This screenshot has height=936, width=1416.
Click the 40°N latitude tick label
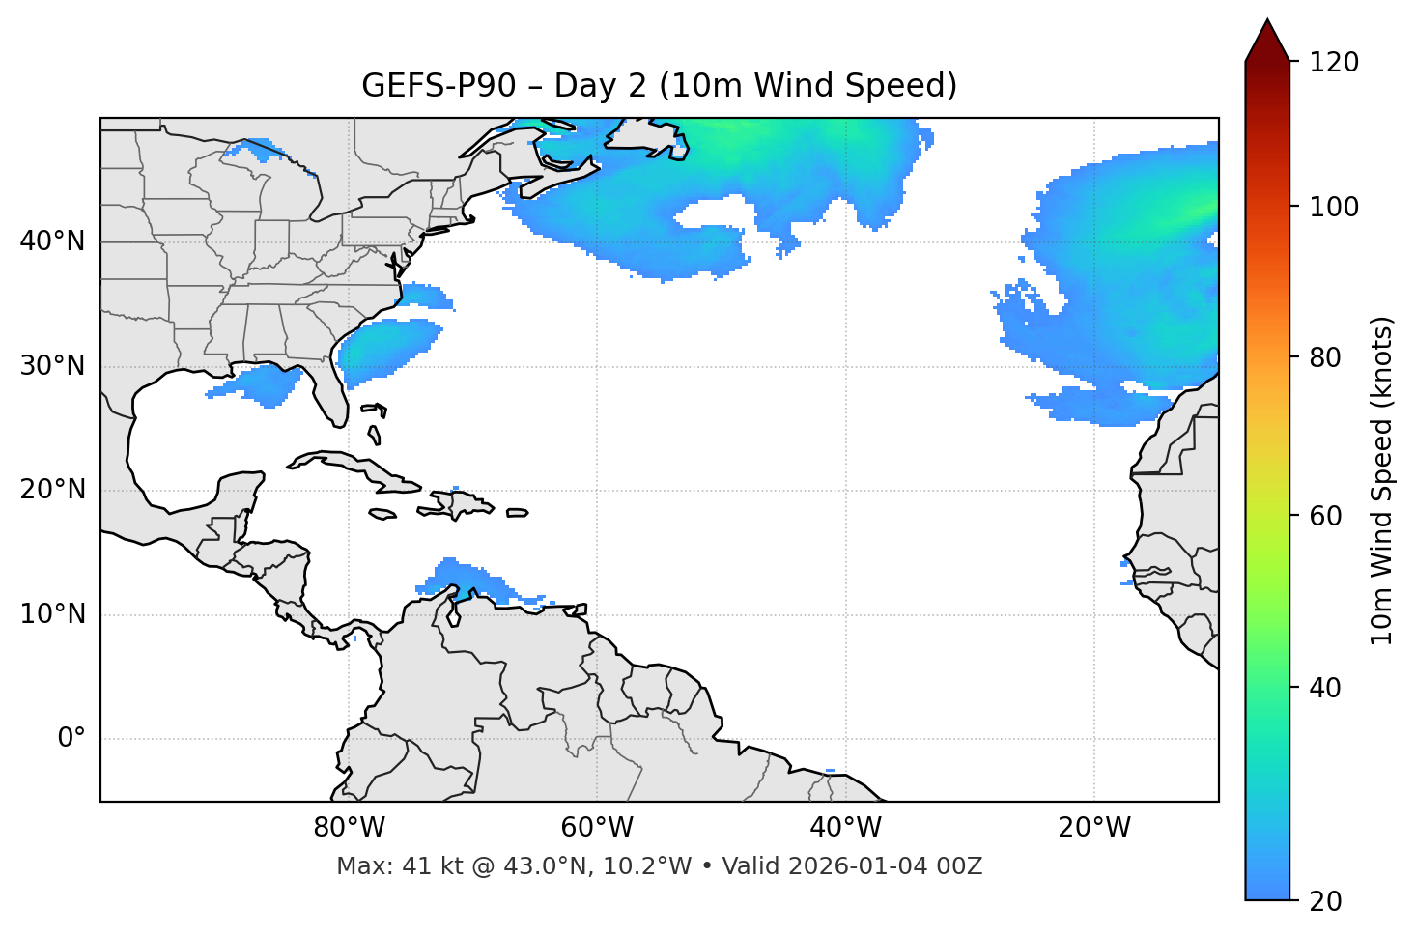coord(52,241)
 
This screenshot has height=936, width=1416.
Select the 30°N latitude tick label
coord(52,366)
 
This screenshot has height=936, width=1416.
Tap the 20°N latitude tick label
coord(52,490)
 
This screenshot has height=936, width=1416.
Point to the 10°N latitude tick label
coord(52,614)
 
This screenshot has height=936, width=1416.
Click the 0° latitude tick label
coord(71,739)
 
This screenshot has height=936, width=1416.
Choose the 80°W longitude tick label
coord(349,828)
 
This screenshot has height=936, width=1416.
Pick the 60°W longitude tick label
coord(597,828)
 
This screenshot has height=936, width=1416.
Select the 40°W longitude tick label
coord(845,828)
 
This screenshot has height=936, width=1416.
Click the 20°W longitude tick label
coord(1094,828)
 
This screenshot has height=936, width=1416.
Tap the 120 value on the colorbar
coord(1334,63)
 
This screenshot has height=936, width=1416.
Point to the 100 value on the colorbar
coord(1334,207)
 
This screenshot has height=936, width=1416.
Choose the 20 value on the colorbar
coord(1325,901)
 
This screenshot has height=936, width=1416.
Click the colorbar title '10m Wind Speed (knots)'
coord(1382,481)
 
